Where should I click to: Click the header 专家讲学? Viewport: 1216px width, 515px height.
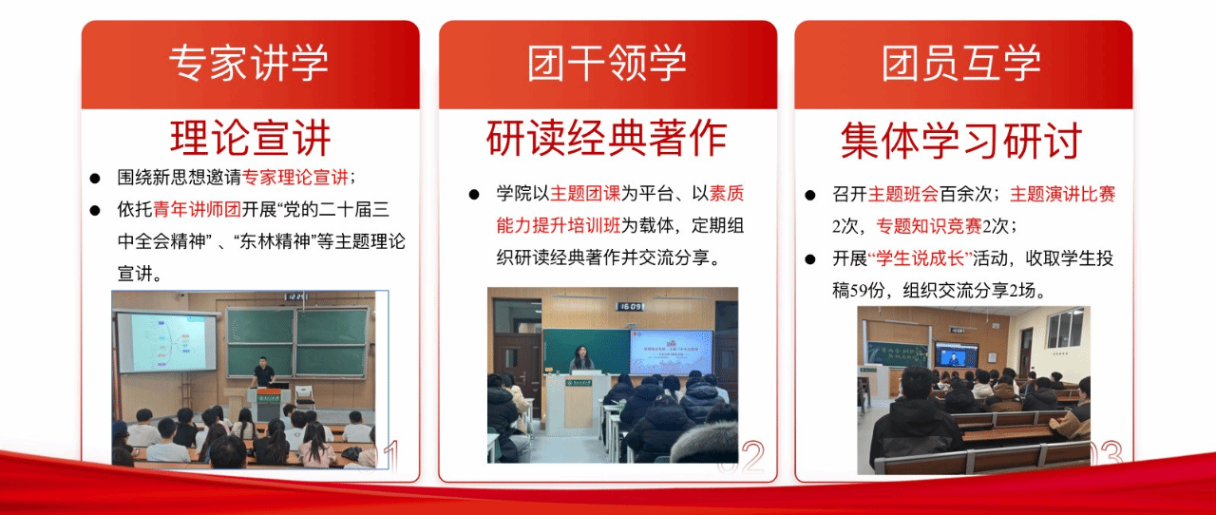[x=249, y=63]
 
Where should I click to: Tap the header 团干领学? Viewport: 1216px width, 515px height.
[x=607, y=63]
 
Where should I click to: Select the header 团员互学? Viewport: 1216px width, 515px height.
[x=961, y=63]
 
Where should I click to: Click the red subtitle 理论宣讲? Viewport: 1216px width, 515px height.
[x=250, y=138]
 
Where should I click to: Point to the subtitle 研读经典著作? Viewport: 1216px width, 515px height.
[x=607, y=138]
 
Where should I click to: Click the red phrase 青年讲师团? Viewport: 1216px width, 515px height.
[x=197, y=209]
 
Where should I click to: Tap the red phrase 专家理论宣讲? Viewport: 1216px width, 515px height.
[x=294, y=177]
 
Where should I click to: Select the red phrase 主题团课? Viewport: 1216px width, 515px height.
[x=584, y=193]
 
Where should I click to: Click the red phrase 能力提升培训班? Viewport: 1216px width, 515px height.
[x=558, y=225]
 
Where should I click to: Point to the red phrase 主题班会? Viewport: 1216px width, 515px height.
[x=902, y=194]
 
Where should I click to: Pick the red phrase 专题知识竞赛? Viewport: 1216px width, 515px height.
[x=929, y=225]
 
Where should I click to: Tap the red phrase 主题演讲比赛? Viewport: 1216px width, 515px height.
[x=1062, y=194]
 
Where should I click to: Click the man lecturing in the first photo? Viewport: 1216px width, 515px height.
[x=263, y=372]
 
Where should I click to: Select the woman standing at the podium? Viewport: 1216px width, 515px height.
[x=581, y=359]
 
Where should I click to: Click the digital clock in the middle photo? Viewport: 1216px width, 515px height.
[x=632, y=306]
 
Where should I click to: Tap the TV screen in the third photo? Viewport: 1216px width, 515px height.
[x=956, y=355]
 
